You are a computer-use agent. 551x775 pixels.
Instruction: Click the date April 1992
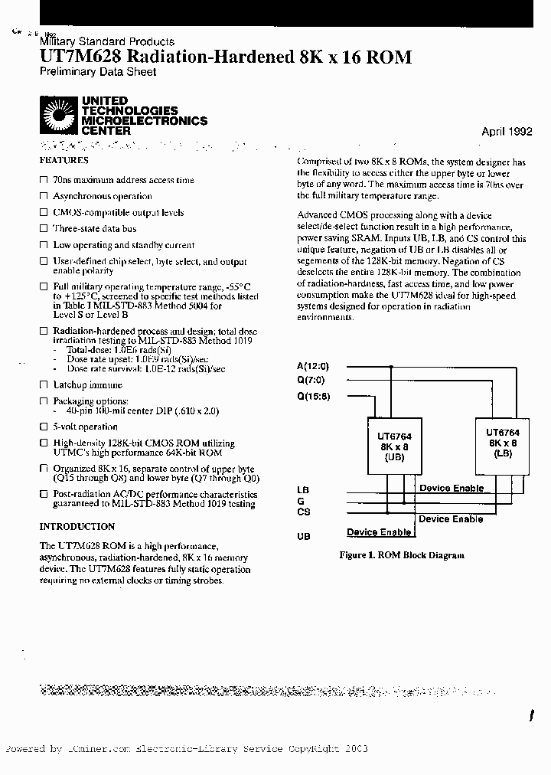pos(507,132)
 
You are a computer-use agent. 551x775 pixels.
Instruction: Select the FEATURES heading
pos(64,161)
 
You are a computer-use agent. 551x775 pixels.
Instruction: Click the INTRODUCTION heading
pos(77,527)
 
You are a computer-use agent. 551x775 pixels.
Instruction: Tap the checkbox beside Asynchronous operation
pos(44,197)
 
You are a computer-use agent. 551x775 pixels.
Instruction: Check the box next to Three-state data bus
pos(44,229)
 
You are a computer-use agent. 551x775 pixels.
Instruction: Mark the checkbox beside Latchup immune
pos(44,385)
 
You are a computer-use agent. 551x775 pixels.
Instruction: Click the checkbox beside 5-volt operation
pos(44,427)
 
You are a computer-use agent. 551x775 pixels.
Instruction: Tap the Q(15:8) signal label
pos(313,396)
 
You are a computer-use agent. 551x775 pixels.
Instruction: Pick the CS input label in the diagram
pos(304,512)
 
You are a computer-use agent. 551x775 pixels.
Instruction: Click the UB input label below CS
pos(304,537)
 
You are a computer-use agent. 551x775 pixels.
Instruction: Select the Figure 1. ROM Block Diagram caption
pos(402,555)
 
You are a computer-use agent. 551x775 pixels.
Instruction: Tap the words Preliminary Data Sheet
pos(97,72)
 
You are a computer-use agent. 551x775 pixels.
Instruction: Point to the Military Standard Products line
pos(106,41)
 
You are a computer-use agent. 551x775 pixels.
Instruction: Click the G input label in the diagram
pos(301,501)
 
